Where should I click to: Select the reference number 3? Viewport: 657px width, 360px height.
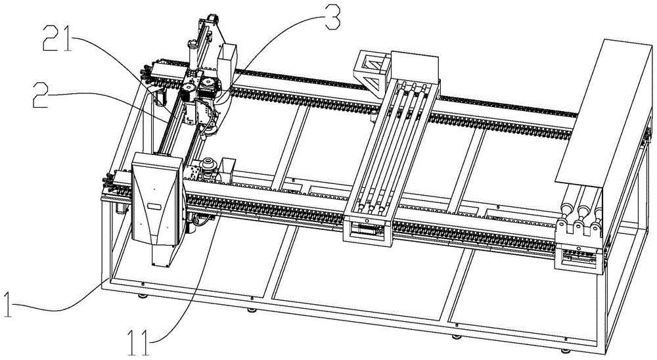coord(331,16)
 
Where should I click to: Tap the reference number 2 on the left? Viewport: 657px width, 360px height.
coord(41,95)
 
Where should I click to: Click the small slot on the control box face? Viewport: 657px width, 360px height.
coord(155,206)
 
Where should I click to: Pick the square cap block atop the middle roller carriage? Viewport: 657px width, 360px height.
coord(415,68)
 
